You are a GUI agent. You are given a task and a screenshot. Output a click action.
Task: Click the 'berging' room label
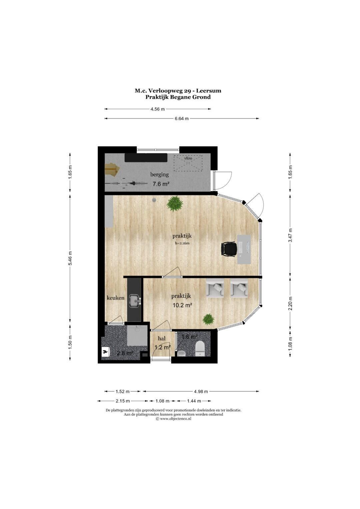click(159, 175)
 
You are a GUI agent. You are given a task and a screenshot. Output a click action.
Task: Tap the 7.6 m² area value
click(161, 184)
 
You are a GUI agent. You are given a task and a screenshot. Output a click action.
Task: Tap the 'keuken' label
click(115, 298)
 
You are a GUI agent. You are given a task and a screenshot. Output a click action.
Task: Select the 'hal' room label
click(162, 339)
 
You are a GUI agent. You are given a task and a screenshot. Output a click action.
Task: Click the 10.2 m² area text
click(182, 305)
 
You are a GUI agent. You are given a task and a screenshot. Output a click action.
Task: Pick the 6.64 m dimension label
click(182, 118)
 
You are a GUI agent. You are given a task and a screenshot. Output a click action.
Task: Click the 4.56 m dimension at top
click(157, 109)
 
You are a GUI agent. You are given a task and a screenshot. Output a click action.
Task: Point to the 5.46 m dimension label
click(70, 258)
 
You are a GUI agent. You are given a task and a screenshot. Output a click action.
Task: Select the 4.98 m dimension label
click(201, 391)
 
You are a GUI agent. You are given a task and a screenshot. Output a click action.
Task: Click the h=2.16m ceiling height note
click(182, 243)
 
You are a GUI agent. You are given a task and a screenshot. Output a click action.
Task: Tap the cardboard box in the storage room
click(112, 169)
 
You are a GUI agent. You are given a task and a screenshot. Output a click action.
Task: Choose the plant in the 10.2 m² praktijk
click(209, 319)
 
